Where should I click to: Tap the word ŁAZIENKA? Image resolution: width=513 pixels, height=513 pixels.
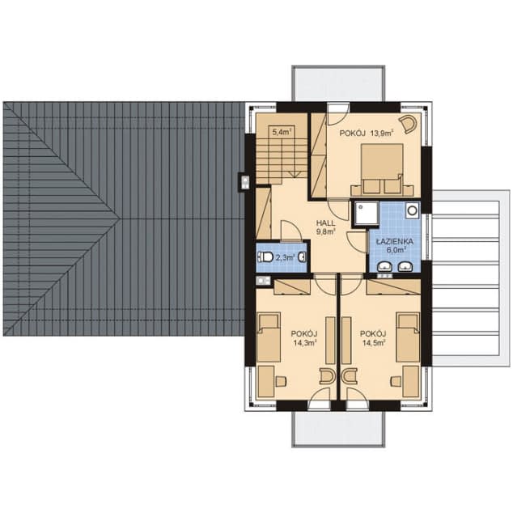coord(395,241)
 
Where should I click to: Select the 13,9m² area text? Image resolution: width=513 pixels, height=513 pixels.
coord(385,132)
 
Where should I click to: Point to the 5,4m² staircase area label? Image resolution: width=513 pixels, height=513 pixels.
coord(281,131)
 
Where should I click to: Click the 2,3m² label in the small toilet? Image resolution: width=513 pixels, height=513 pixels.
coord(284,258)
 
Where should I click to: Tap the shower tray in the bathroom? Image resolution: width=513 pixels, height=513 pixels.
coord(362,212)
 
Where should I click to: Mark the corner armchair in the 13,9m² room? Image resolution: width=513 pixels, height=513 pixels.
coord(409,123)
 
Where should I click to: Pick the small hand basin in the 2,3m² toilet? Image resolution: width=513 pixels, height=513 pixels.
coord(301,257)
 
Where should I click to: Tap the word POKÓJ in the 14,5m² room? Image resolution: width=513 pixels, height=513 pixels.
coord(374,333)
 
